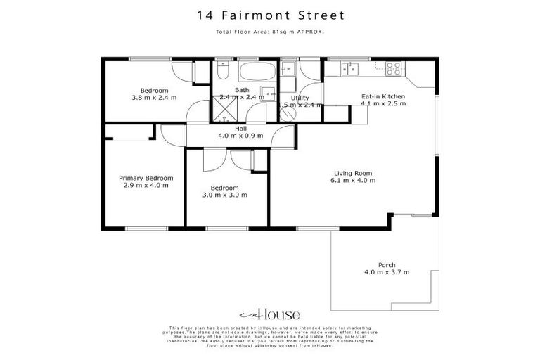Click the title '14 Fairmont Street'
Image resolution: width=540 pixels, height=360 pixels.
pos(269,15)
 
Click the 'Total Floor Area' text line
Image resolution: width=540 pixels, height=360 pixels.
pos(269,32)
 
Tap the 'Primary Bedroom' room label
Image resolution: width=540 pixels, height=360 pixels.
pos(146,179)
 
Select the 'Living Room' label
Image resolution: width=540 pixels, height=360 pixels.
pos(352,173)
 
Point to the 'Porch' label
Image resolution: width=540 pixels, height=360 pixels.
pos(386,265)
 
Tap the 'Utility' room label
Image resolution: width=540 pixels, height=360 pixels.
pos(290,98)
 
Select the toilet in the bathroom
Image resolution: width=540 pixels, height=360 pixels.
pos(221,72)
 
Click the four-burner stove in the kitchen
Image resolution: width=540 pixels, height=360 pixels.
pos(393,69)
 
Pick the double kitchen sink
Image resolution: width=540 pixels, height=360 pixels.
pos(349,68)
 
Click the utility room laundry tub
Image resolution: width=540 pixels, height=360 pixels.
pos(288,68)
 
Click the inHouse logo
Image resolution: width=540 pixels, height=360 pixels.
pos(270,314)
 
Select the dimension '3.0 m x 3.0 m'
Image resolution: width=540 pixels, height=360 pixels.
pos(226,195)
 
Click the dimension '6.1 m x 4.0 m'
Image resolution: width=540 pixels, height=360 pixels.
pos(352,181)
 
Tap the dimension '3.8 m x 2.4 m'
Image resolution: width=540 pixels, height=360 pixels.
pos(154,98)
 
